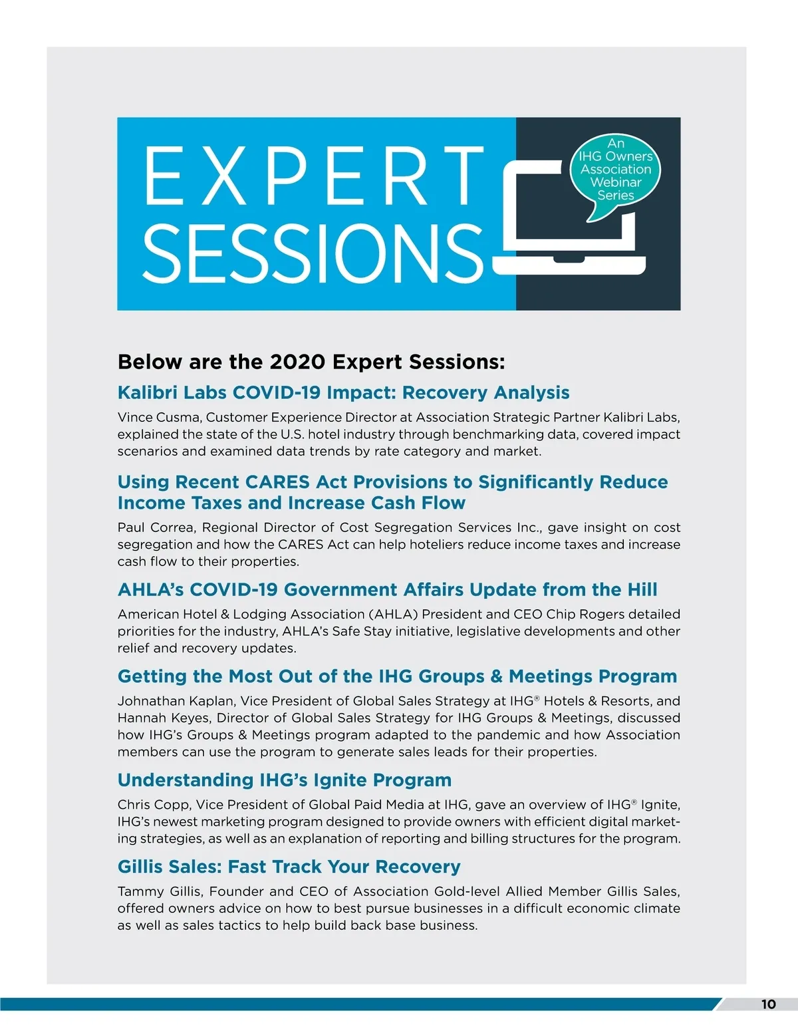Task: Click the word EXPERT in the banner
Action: click(313, 176)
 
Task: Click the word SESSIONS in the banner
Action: click(313, 253)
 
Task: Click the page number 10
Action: click(768, 1004)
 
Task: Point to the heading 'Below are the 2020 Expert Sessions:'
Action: click(311, 362)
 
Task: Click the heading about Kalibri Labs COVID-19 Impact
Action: click(343, 392)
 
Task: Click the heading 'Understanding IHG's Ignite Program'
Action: click(285, 780)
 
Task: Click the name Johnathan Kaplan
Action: click(176, 701)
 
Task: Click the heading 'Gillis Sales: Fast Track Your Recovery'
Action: click(289, 867)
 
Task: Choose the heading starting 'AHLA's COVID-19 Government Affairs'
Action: click(387, 589)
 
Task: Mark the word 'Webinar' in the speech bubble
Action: click(615, 182)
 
